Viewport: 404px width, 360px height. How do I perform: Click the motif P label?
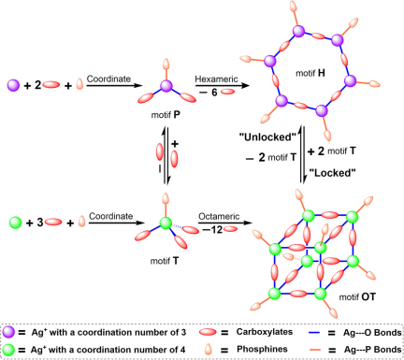click(x=166, y=115)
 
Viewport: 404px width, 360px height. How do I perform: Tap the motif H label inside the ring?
click(x=310, y=73)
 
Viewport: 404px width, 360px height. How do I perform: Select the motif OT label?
click(x=357, y=296)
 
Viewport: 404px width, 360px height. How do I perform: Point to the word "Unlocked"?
click(x=267, y=137)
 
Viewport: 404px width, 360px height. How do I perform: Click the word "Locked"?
click(x=332, y=173)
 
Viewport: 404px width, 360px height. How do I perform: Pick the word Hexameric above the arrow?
click(x=216, y=79)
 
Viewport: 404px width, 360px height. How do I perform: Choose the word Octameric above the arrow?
click(x=219, y=216)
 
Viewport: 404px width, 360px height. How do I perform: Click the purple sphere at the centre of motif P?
click(x=166, y=86)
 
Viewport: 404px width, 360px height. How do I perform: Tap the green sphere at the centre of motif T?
click(x=166, y=223)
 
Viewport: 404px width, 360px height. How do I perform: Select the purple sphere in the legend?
click(x=8, y=333)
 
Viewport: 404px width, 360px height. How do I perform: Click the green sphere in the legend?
click(x=8, y=350)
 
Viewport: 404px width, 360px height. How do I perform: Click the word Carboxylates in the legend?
click(x=265, y=332)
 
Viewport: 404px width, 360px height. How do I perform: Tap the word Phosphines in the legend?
click(x=262, y=349)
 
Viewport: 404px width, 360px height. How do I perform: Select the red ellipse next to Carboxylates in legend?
click(x=208, y=332)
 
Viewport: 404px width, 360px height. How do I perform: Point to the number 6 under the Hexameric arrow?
click(x=214, y=93)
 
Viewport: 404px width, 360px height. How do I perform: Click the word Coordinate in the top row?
click(x=108, y=79)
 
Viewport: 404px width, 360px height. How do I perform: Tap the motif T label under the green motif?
click(x=165, y=261)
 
